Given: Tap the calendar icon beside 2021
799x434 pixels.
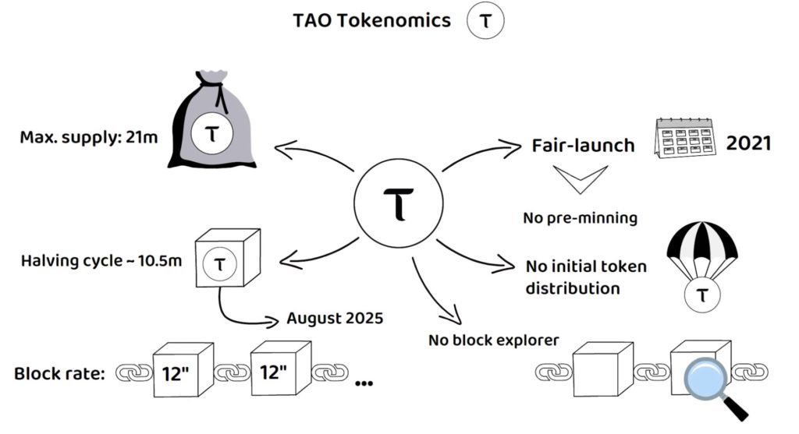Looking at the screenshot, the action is [684, 138].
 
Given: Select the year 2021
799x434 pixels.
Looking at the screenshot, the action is [748, 143].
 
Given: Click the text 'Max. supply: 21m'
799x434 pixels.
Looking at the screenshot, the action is [89, 137].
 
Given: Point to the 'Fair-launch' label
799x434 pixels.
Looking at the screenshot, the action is [583, 146].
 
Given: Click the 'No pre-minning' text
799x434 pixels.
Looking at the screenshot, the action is [580, 217].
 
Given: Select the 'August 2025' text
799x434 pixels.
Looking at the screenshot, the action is [335, 318].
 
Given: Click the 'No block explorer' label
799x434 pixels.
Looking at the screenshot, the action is [493, 340].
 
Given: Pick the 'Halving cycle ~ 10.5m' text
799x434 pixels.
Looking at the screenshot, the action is [101, 261].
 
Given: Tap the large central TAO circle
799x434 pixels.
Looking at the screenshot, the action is [399, 203].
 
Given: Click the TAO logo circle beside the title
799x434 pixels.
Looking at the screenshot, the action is [485, 21].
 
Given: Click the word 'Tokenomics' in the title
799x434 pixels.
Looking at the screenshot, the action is [394, 20].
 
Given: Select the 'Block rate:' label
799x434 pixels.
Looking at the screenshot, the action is [59, 373].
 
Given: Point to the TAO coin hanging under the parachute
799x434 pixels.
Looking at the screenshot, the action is [702, 295].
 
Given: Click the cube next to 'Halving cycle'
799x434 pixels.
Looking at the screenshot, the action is [228, 257].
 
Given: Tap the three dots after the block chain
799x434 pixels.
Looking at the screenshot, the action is [364, 383].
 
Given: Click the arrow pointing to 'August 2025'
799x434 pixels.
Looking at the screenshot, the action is [236, 316].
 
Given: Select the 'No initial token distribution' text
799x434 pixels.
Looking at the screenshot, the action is [586, 277].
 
